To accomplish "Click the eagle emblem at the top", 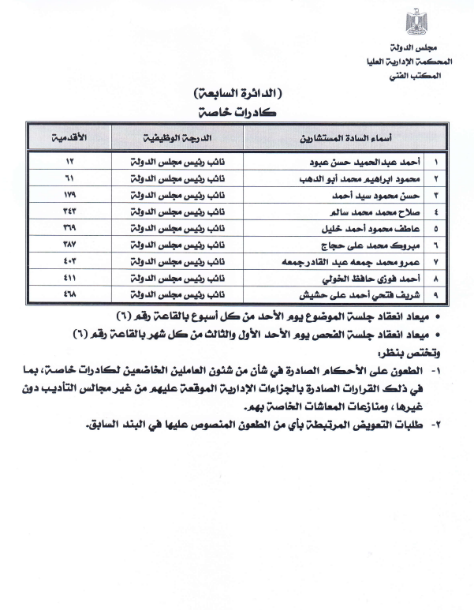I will coord(415,21).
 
